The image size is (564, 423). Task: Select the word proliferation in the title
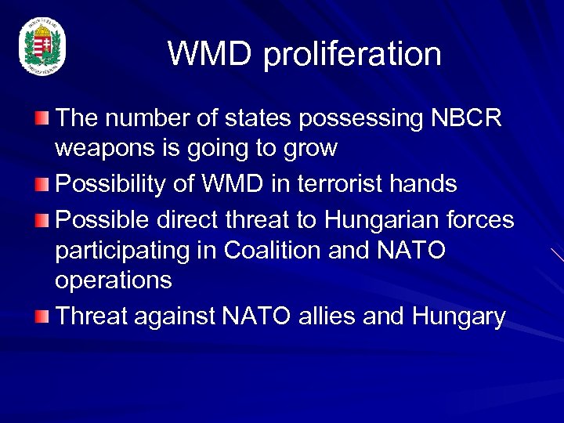tap(352, 55)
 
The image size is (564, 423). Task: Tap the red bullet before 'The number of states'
tap(42, 118)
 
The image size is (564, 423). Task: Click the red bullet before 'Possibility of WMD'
tap(42, 184)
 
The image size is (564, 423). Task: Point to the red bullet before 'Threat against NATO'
tap(42, 316)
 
